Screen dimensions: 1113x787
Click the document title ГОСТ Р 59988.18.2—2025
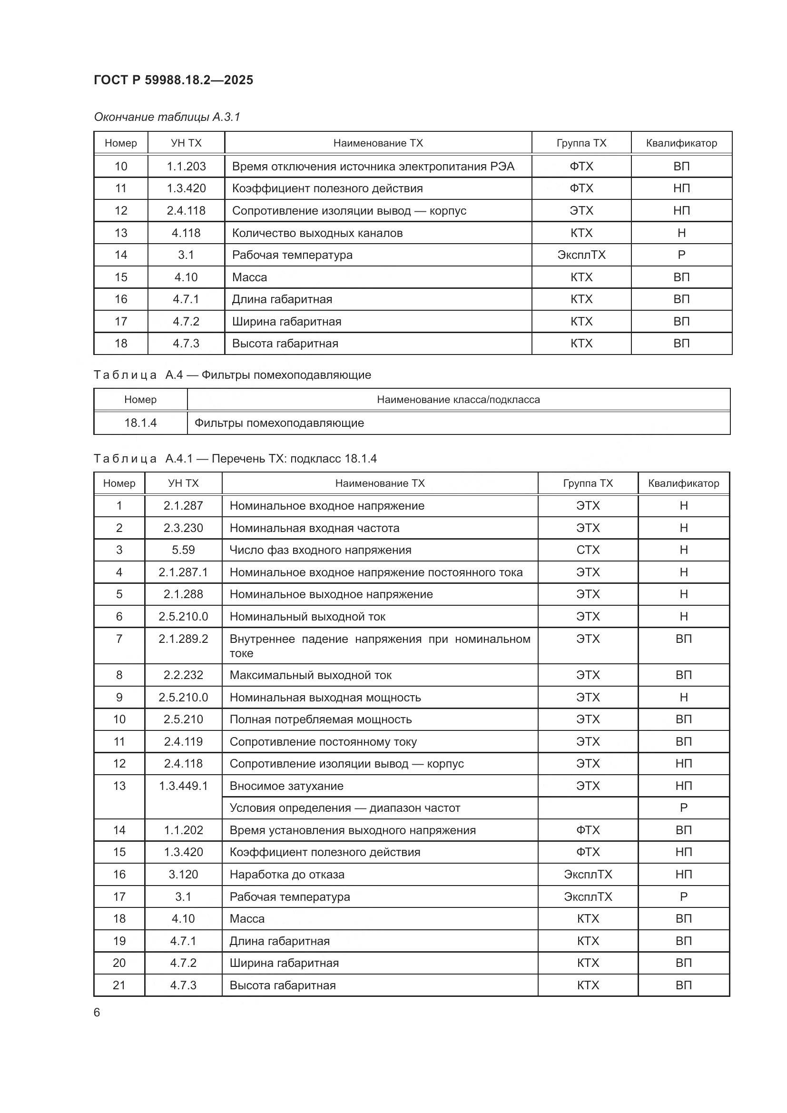(x=173, y=80)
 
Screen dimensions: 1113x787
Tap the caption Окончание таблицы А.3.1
(x=167, y=117)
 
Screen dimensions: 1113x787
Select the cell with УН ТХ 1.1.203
(x=186, y=166)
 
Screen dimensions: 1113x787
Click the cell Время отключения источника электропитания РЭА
(x=373, y=166)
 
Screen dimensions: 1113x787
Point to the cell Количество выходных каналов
(x=317, y=233)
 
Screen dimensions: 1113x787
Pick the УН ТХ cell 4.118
(x=186, y=233)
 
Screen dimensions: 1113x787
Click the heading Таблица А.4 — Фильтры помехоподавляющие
(x=232, y=374)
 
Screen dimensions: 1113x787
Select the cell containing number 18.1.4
(x=140, y=423)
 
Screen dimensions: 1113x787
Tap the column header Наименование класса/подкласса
(x=458, y=399)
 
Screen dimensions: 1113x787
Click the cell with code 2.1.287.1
(x=183, y=572)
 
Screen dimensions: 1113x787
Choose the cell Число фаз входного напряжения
(x=320, y=550)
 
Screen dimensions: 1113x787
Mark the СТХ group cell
(x=588, y=550)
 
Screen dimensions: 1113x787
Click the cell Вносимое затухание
(x=286, y=786)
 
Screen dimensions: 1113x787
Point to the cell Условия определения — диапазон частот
(x=344, y=808)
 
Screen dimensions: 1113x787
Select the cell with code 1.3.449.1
(x=183, y=786)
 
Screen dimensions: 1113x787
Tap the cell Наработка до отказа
(x=287, y=875)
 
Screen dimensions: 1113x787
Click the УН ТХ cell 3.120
(x=183, y=875)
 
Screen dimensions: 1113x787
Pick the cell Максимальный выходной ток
(x=310, y=675)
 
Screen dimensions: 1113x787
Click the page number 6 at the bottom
(x=97, y=1012)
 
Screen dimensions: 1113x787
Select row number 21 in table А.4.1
(x=119, y=985)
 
